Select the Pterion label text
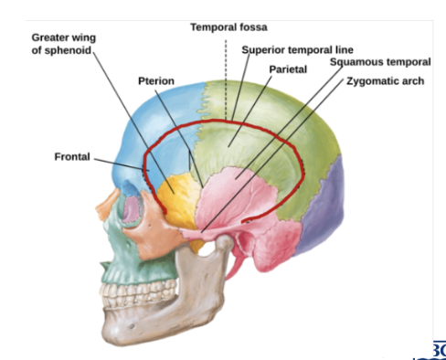tap(156, 80)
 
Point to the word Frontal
tap(72, 157)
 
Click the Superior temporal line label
tap(297, 49)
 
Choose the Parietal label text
tap(288, 69)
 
